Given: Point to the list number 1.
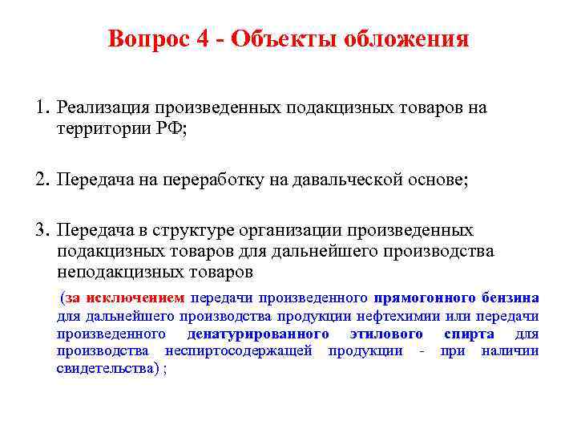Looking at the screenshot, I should pyautogui.click(x=41, y=107).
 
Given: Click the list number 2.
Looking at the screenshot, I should pyautogui.click(x=41, y=180).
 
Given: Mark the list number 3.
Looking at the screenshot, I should pyautogui.click(x=41, y=231).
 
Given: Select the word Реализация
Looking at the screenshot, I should pyautogui.click(x=106, y=107).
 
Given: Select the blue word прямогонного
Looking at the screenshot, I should pyautogui.click(x=423, y=297).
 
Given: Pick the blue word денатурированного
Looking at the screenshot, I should pyautogui.click(x=258, y=334).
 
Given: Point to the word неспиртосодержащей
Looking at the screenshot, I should pyautogui.click(x=238, y=351).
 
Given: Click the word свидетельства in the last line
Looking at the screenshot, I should pyautogui.click(x=103, y=369).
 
